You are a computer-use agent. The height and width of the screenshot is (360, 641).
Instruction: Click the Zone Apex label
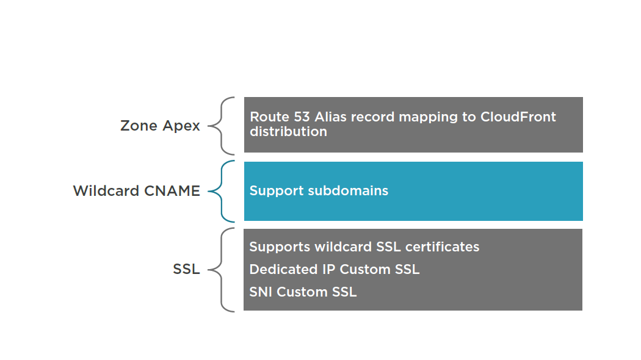(160, 126)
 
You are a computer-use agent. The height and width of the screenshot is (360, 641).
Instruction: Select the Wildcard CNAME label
(137, 191)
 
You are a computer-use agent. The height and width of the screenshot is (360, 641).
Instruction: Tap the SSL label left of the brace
(186, 269)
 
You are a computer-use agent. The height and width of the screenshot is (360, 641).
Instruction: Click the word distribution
(288, 132)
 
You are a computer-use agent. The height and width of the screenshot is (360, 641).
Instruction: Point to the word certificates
(443, 247)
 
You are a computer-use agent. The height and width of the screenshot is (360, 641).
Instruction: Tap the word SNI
(261, 292)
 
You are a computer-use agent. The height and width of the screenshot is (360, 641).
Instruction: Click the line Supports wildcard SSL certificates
(364, 247)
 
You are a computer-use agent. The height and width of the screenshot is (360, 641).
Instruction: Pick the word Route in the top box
(269, 117)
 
